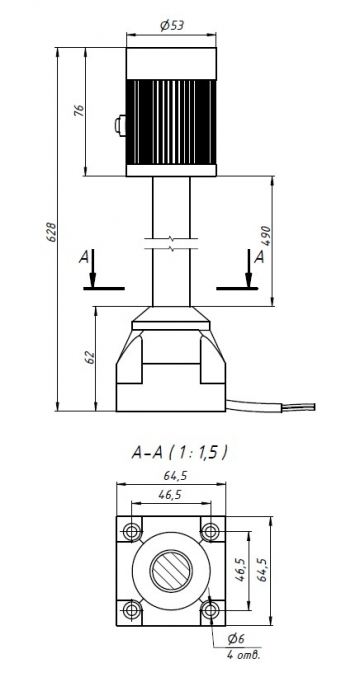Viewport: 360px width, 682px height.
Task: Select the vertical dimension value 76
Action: pyautogui.click(x=78, y=111)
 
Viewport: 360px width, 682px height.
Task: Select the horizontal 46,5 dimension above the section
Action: pyautogui.click(x=168, y=495)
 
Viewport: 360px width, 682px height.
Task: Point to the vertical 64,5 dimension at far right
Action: pyautogui.click(x=265, y=570)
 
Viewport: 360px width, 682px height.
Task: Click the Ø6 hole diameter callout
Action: pyautogui.click(x=236, y=638)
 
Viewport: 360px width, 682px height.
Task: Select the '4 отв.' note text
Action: pyautogui.click(x=242, y=655)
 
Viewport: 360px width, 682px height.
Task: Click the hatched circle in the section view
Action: pyautogui.click(x=170, y=570)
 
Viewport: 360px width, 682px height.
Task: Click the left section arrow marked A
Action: pyautogui.click(x=92, y=268)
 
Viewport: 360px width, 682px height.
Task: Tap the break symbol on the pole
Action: pyautogui.click(x=170, y=241)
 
